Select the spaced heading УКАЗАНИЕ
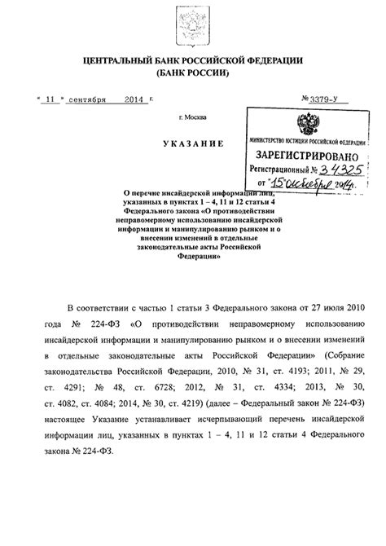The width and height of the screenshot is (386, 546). pyautogui.click(x=191, y=143)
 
